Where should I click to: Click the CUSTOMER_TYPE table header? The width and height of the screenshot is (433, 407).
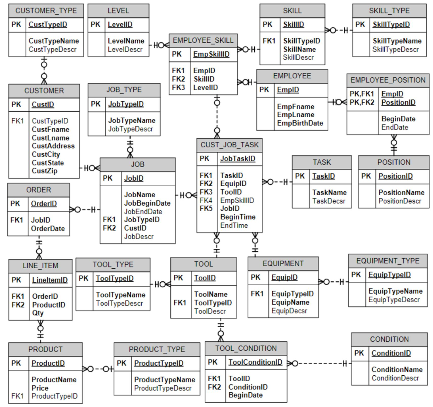click(x=46, y=11)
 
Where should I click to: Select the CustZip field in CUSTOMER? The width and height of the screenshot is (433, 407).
click(x=44, y=171)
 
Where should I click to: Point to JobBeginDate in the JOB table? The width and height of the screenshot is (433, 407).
click(x=147, y=203)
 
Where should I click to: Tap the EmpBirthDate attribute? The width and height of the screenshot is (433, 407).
click(x=300, y=123)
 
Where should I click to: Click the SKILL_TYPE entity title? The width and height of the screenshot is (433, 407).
click(x=389, y=11)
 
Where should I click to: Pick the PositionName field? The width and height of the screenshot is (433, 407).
click(x=401, y=192)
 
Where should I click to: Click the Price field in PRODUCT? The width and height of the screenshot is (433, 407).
click(x=40, y=388)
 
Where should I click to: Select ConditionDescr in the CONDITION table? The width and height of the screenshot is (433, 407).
click(x=395, y=378)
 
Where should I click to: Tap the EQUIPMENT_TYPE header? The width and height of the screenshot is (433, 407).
click(x=388, y=261)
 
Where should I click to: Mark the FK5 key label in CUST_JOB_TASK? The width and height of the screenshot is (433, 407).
click(x=206, y=208)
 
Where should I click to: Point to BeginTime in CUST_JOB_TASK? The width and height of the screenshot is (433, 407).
click(x=238, y=217)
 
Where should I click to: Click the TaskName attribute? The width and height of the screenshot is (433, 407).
click(x=329, y=192)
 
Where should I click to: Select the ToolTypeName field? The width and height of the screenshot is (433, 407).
click(x=121, y=295)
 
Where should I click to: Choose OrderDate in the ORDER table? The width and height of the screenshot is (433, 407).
click(x=48, y=228)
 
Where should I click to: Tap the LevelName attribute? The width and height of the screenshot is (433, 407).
click(x=126, y=41)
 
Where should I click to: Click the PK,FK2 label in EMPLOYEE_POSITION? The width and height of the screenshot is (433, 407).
click(x=362, y=102)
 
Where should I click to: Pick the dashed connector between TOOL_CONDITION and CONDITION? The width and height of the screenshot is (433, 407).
click(x=321, y=363)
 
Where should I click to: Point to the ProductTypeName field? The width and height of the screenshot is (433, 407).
click(x=164, y=379)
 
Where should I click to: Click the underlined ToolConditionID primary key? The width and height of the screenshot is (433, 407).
click(x=255, y=362)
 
